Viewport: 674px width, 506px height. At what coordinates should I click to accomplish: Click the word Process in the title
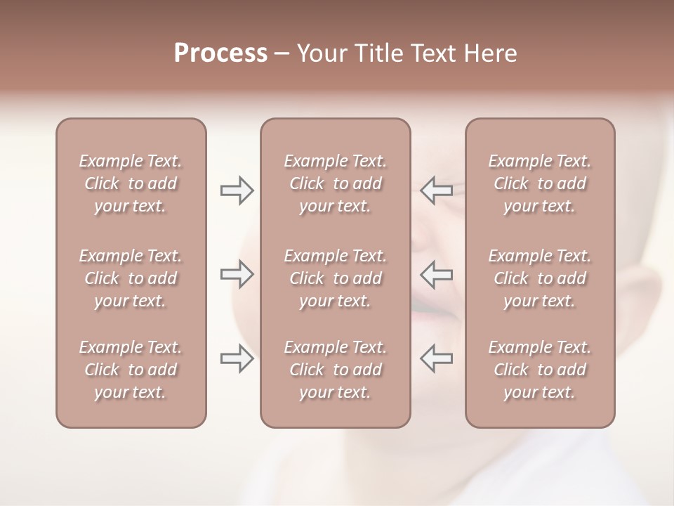coord(220,53)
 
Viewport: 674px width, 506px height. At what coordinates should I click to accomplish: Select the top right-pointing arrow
coord(237,190)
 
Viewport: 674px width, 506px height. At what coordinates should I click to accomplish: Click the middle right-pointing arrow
coord(237,274)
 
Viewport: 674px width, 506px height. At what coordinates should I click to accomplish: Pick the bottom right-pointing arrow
coord(237,358)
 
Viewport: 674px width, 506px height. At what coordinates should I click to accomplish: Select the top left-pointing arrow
coord(436,190)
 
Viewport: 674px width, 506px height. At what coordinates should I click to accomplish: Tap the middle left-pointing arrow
coord(436,274)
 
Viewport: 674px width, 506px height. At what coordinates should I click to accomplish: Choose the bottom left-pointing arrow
coord(436,358)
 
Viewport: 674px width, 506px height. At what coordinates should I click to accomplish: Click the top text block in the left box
coord(131,183)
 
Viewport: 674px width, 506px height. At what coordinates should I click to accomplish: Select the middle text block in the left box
coord(131,278)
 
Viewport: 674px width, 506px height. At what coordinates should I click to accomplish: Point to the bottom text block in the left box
coord(131,370)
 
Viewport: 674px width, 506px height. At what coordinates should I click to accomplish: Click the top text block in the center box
coord(336,183)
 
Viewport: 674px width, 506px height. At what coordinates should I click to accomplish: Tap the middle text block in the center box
coord(336,278)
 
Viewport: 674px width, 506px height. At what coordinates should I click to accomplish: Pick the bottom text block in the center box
coord(336,370)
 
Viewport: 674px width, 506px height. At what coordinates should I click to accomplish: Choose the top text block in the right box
coord(540,183)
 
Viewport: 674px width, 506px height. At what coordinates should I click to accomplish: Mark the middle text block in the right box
coord(540,278)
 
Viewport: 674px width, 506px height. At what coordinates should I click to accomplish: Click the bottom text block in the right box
coord(540,370)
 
